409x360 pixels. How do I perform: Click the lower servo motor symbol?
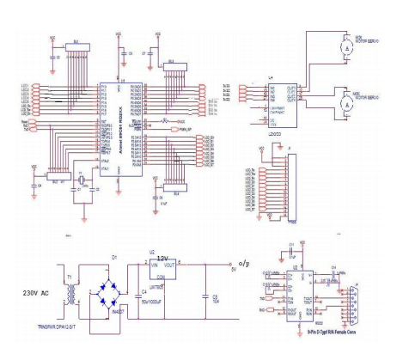[x=346, y=102]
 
